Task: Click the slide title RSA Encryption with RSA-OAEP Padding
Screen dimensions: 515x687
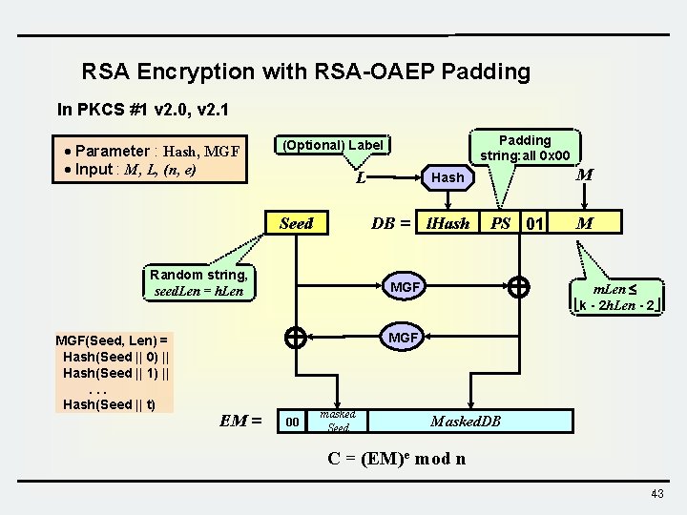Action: coord(305,72)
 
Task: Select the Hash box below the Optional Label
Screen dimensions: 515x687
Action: coord(448,177)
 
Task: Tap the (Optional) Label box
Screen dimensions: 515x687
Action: coord(331,145)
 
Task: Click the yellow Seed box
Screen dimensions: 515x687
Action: coord(296,223)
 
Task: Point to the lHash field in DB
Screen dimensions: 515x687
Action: coord(448,223)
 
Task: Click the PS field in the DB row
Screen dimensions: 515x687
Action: coord(500,223)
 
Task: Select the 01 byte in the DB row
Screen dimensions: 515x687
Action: coord(535,223)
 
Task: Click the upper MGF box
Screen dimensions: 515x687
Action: coord(404,287)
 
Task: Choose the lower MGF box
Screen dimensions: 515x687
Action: coord(404,337)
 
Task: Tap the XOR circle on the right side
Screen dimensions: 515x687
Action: coord(519,286)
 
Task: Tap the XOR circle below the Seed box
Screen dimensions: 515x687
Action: coord(296,337)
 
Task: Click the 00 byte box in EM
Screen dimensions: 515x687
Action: coord(293,421)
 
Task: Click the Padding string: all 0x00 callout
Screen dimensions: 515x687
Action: coord(525,147)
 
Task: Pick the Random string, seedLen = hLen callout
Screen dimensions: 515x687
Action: coord(198,283)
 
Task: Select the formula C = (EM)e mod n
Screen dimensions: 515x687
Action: coord(396,458)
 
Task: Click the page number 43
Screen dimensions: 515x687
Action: coord(656,493)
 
